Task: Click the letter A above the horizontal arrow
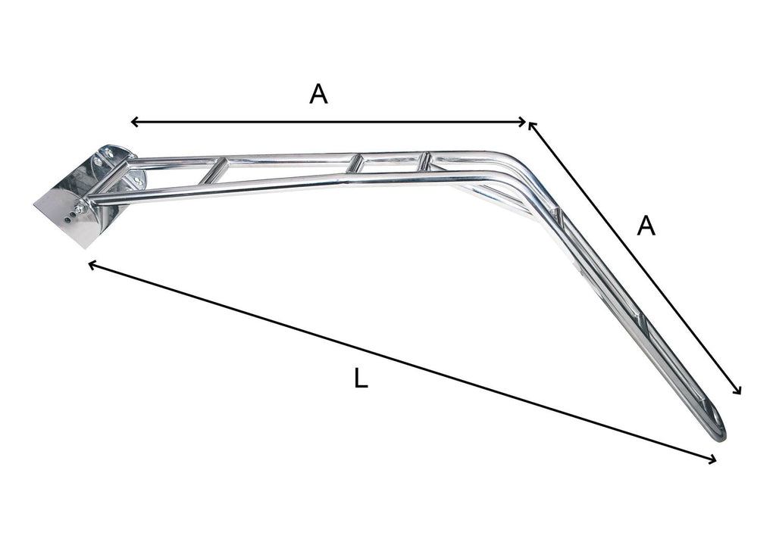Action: (319, 94)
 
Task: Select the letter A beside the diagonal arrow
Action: (645, 226)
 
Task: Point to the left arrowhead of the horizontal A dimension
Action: (134, 122)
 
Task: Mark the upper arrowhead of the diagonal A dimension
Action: (532, 126)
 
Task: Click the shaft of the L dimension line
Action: (402, 362)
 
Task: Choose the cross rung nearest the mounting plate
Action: (214, 170)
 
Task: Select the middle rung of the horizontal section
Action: (354, 164)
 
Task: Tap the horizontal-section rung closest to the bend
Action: (424, 160)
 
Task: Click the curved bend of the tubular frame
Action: (523, 170)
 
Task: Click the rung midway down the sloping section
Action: (643, 325)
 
